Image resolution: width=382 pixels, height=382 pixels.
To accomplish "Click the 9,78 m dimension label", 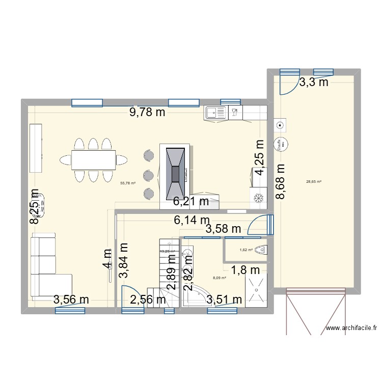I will coord(147,113).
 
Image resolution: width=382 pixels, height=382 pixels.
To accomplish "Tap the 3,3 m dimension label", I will coord(313,83).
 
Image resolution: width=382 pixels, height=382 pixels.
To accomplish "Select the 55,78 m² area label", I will coord(127,183).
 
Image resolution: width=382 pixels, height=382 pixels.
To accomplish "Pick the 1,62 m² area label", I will coord(246,250).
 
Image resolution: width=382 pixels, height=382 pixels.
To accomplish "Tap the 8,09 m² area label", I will coord(220,278).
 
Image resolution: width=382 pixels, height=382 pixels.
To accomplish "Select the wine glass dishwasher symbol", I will coord(234,112).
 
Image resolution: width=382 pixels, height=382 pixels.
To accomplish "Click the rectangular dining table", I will coord(93,160).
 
